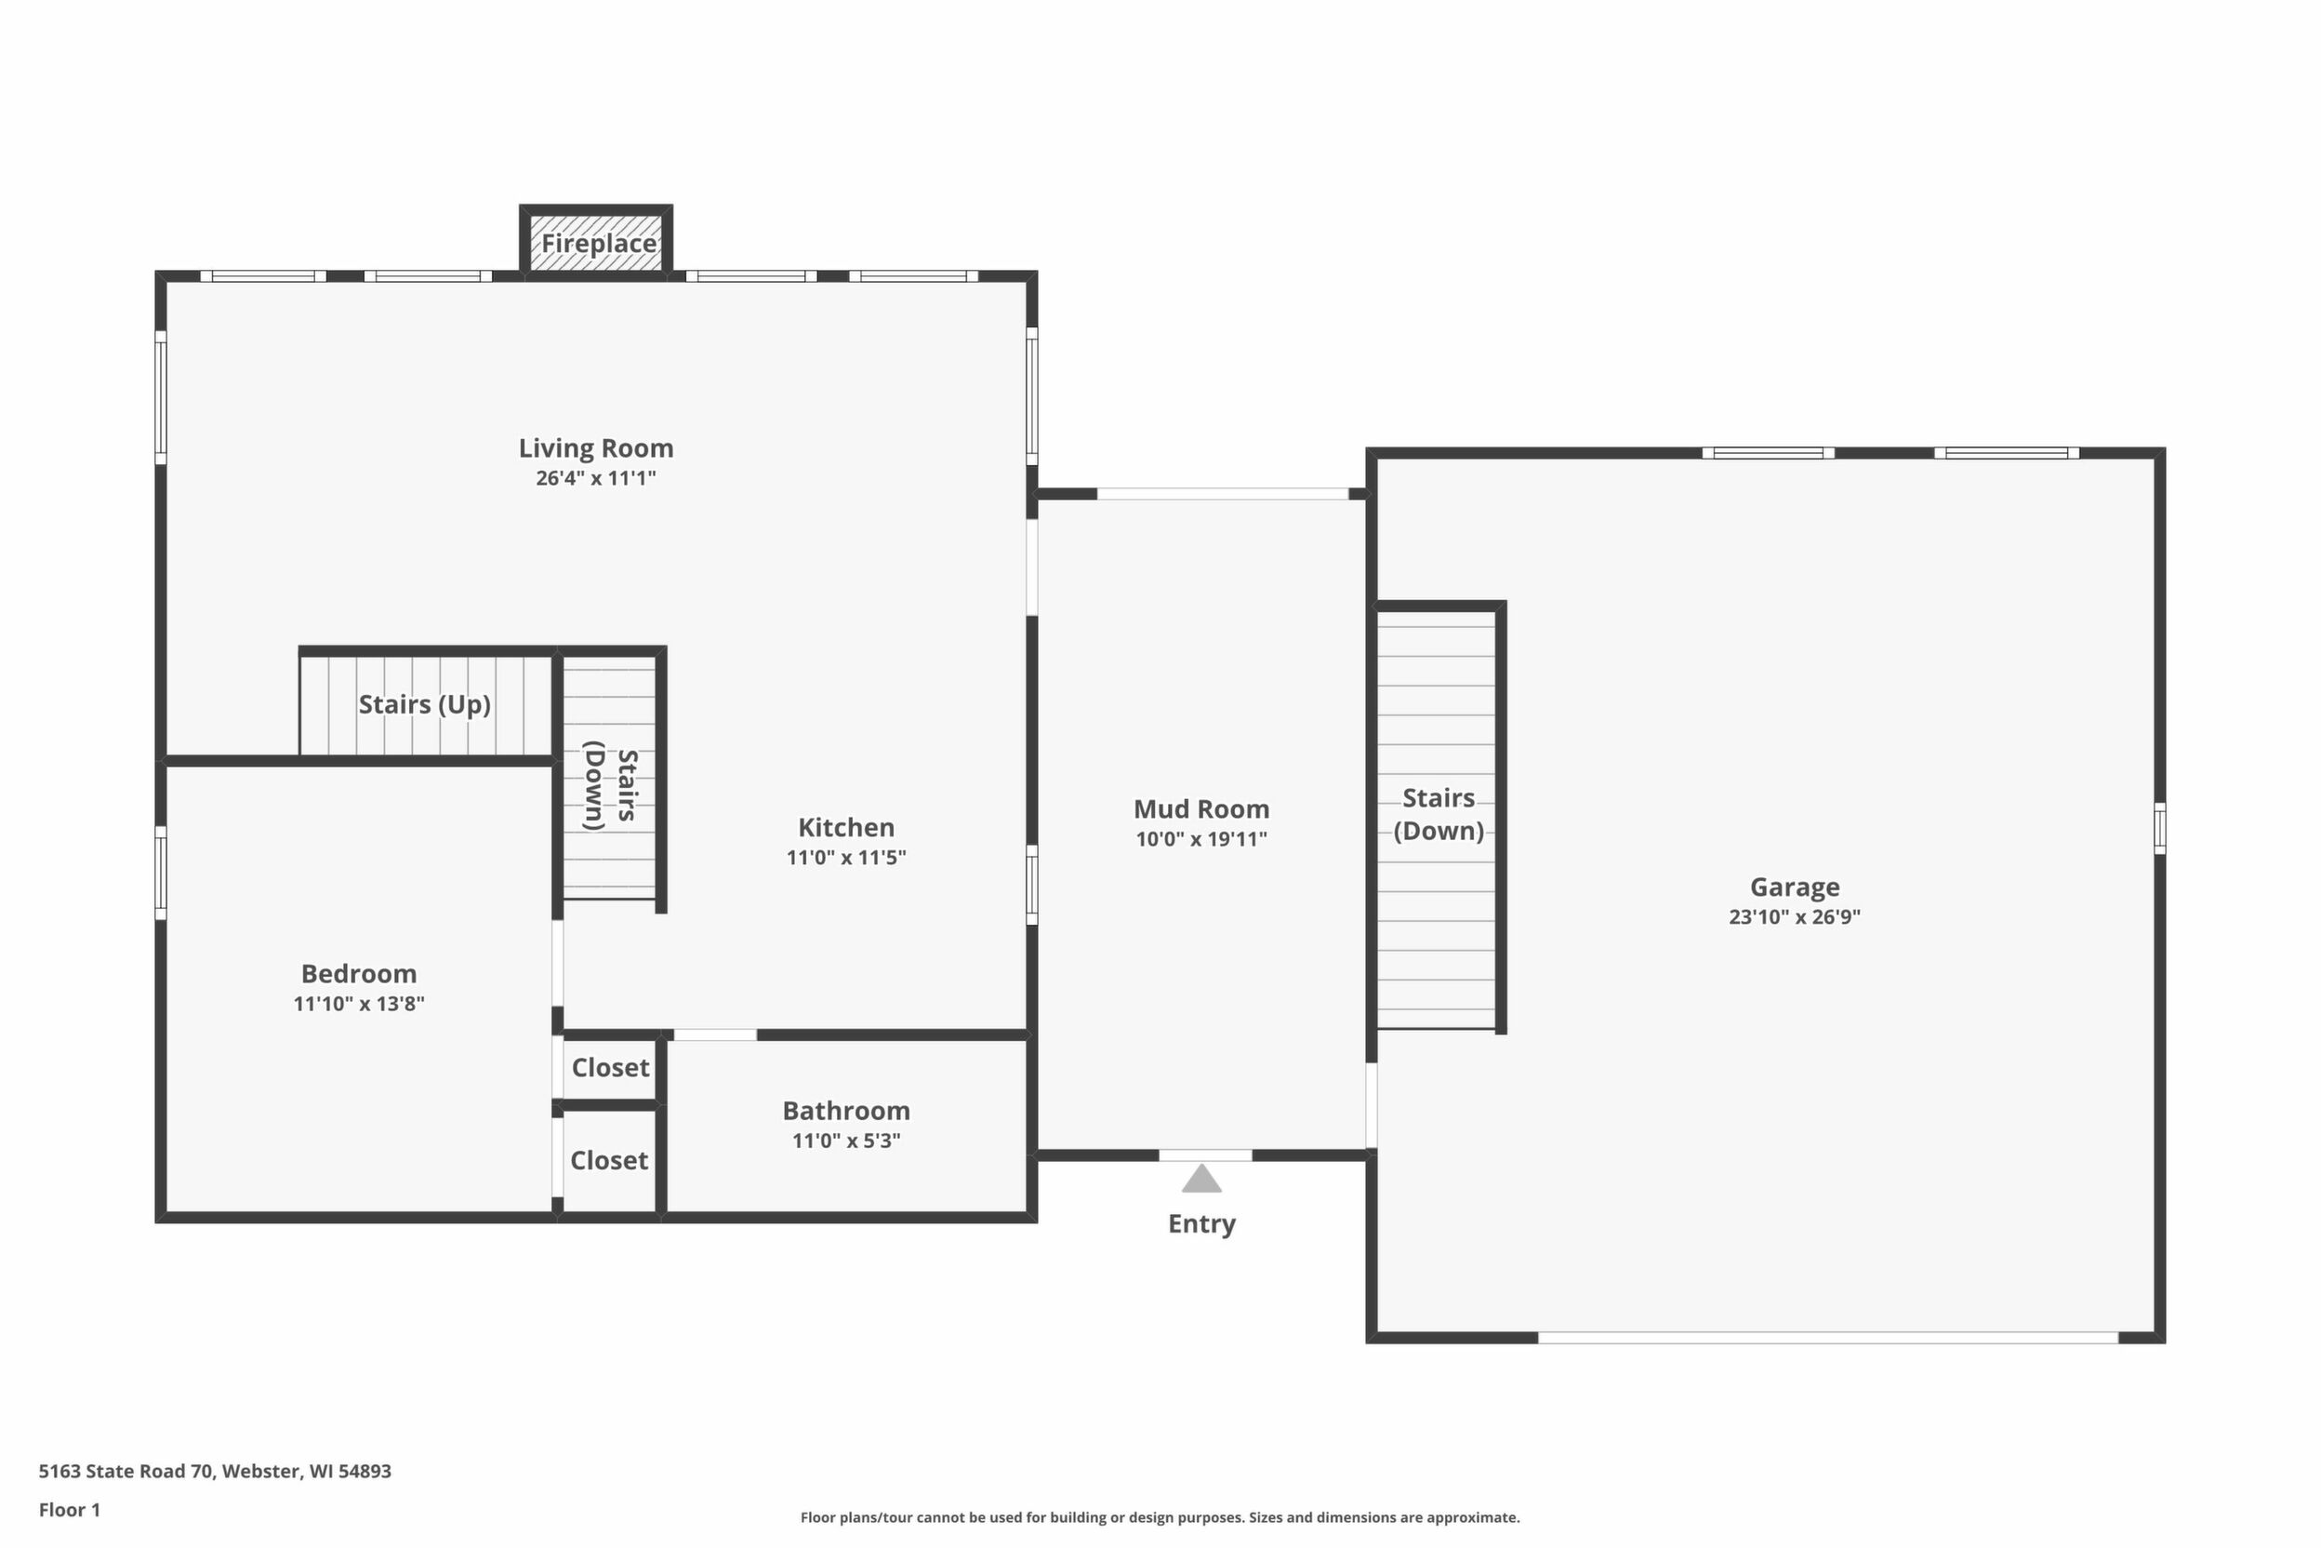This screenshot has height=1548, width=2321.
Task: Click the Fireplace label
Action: (x=598, y=243)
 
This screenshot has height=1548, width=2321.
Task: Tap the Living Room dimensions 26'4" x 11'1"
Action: (x=596, y=479)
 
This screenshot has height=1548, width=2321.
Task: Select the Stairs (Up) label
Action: (x=424, y=705)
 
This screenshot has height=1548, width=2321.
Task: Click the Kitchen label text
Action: (x=847, y=827)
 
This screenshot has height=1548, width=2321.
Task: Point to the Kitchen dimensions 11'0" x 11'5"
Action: (x=847, y=858)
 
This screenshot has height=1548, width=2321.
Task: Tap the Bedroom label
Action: (x=359, y=973)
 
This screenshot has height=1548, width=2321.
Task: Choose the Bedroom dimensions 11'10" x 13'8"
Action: (x=359, y=1004)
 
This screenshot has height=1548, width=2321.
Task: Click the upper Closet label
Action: (x=611, y=1067)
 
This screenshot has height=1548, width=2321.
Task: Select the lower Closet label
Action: (x=609, y=1160)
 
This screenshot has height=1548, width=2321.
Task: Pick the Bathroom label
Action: (x=847, y=1111)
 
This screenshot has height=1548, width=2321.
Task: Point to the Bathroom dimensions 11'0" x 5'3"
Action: (x=847, y=1141)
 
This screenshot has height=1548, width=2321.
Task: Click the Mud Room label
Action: (x=1202, y=809)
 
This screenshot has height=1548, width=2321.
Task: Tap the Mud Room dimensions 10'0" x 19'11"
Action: (x=1202, y=839)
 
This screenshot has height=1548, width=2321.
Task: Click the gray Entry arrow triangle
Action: (x=1202, y=1181)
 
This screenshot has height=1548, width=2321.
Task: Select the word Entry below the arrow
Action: (x=1202, y=1224)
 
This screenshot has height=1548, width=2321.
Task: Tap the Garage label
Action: (x=1795, y=887)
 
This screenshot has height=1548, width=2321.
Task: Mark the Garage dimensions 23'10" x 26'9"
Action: (x=1795, y=917)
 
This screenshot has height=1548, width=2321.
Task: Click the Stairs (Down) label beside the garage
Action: (x=1439, y=815)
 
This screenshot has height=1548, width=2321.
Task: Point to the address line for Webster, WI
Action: (x=215, y=1471)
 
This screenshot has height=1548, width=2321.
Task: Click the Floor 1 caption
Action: (x=70, y=1510)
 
